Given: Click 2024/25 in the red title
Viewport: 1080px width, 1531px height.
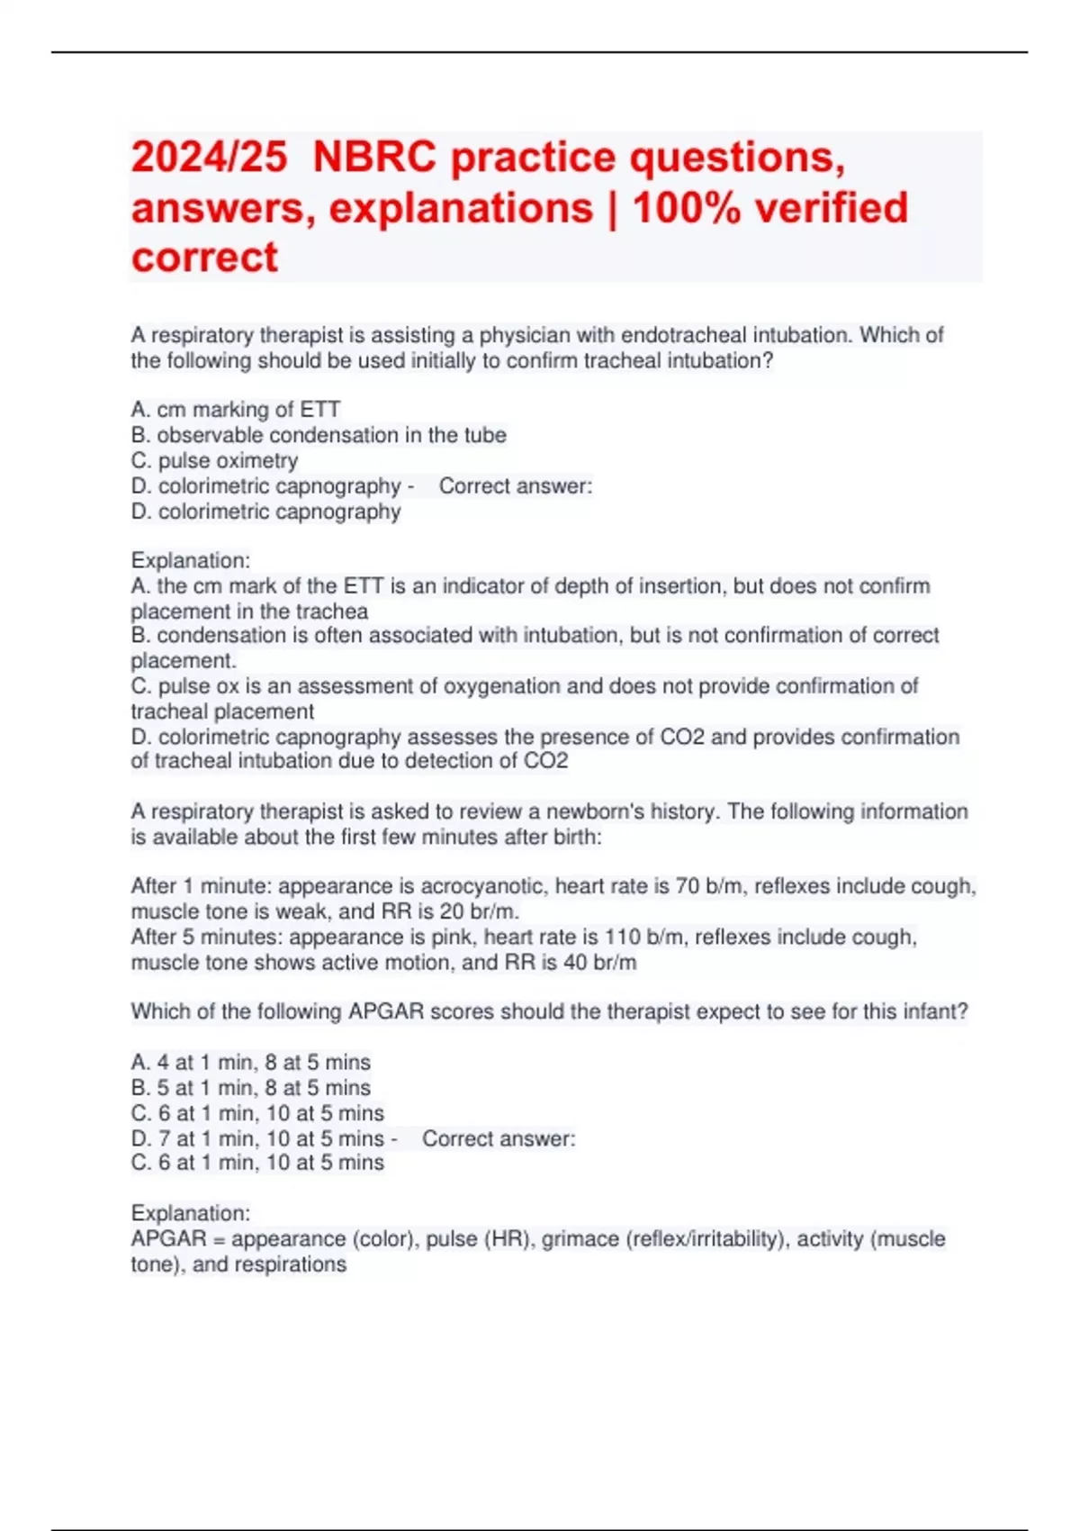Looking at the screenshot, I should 209,158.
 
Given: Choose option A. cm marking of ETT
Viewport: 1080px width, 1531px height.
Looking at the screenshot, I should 235,410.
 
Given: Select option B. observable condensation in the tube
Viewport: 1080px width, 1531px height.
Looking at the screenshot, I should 319,435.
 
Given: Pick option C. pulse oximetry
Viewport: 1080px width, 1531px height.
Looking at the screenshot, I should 214,460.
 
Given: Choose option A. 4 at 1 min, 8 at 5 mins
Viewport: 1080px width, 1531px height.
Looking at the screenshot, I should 250,1063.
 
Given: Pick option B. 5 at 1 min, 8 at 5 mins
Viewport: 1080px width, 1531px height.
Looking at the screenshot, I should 250,1088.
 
